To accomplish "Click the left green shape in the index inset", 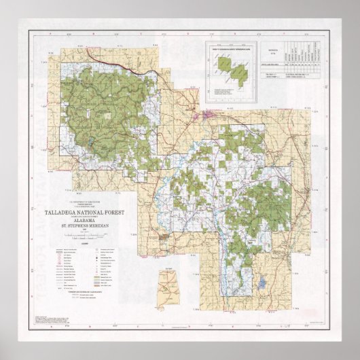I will pos(223,69).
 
